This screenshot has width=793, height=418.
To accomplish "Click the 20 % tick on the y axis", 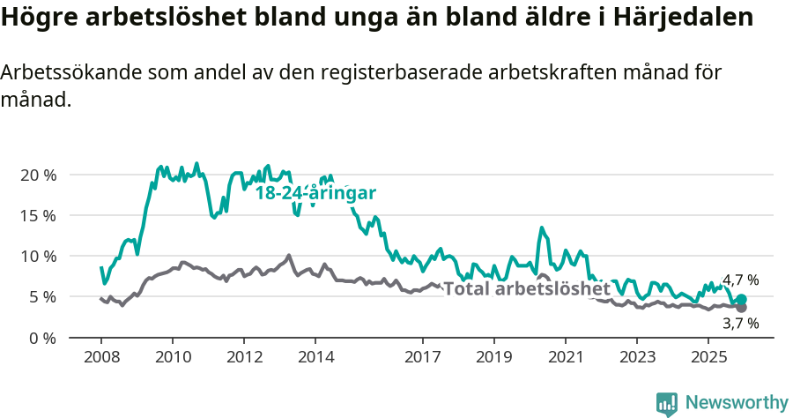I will [x=38, y=175].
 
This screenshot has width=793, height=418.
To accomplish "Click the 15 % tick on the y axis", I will [x=38, y=215].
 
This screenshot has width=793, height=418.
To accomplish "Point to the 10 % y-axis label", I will [x=38, y=256].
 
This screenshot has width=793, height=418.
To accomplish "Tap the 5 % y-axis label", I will [x=42, y=297].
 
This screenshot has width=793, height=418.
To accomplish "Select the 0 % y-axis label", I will [x=42, y=338].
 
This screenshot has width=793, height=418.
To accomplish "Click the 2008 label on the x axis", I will [x=101, y=358].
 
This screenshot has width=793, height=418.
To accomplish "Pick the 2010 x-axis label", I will [x=173, y=358].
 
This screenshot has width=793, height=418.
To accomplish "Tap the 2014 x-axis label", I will [x=315, y=358].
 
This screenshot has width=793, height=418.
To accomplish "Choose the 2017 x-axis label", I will [x=422, y=358].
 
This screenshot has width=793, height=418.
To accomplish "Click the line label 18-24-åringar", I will [x=315, y=193].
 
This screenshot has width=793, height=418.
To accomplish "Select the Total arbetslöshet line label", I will [x=526, y=288].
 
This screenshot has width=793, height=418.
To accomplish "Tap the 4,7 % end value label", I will [x=740, y=280].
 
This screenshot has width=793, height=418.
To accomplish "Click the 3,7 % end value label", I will [x=740, y=324].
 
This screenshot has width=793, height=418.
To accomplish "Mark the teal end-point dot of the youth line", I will [x=741, y=300].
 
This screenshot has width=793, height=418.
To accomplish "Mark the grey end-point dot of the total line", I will [x=741, y=308].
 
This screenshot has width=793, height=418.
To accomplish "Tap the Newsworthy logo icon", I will [x=666, y=404].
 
